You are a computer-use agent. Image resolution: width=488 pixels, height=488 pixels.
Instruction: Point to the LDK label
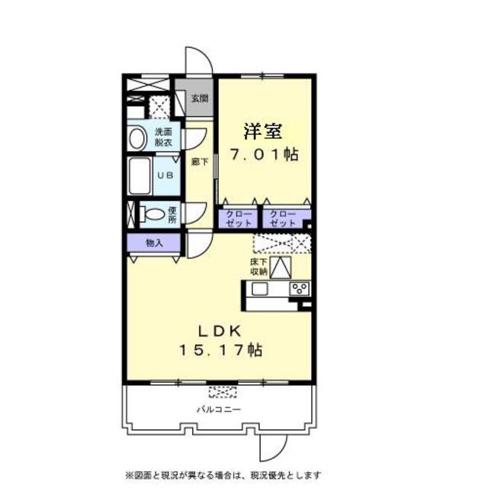[x=221, y=331]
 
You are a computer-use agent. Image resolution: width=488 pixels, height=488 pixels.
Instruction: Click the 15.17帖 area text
[x=221, y=351]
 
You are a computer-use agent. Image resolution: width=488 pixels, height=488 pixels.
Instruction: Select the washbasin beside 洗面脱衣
[x=138, y=139]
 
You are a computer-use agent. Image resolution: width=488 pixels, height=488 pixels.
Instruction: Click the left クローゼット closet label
[x=239, y=218]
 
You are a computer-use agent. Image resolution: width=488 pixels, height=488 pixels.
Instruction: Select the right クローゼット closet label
[x=283, y=218]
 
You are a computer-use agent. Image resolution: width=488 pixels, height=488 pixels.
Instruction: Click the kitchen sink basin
[x=257, y=288]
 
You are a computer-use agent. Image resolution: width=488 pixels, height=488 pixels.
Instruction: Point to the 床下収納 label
[x=258, y=266]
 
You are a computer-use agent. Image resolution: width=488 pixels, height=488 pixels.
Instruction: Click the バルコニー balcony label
[x=219, y=409]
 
